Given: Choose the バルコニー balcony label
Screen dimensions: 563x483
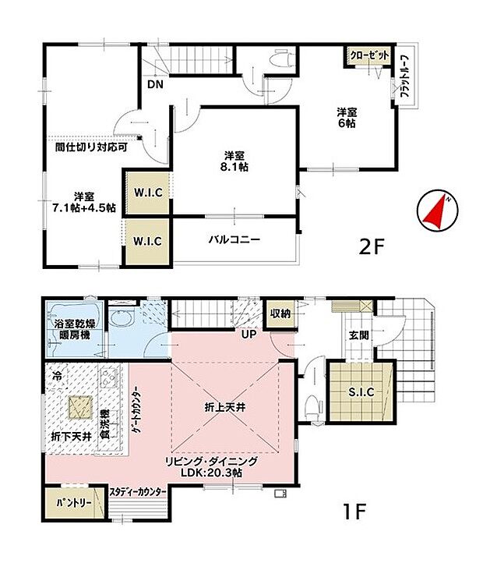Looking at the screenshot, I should (234, 239).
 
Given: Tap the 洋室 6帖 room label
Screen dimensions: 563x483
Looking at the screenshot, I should (347, 116).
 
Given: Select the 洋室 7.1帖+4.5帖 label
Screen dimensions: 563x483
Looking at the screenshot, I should (84, 202).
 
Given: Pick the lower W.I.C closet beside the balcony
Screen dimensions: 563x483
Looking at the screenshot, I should (147, 241).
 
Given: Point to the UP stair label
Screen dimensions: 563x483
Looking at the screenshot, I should (249, 334).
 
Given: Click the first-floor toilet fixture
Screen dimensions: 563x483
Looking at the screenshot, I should (312, 405).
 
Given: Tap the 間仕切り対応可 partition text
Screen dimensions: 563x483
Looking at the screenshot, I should (86, 145).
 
